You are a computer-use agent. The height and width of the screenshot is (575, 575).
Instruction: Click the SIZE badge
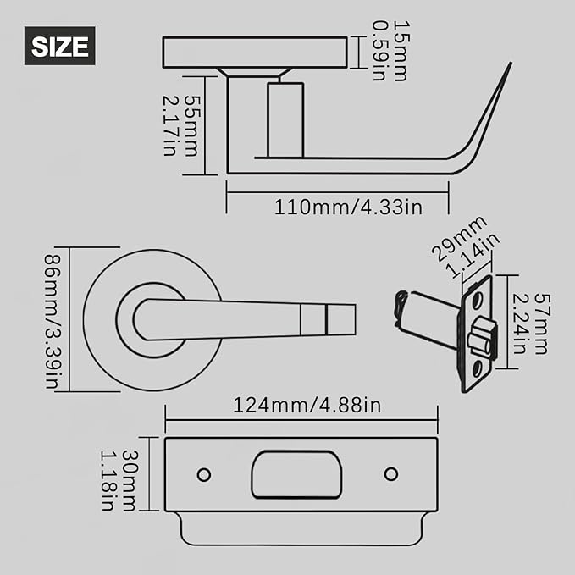tap(59, 46)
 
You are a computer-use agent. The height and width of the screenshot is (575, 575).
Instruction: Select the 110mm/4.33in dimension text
tap(348, 206)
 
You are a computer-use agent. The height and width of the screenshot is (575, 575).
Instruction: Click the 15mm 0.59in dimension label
tap(389, 51)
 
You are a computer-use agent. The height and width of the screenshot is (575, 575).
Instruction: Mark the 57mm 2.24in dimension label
tap(531, 322)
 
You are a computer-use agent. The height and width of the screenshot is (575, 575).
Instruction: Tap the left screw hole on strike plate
tap(203, 474)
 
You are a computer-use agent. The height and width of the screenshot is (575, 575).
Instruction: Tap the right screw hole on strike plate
tap(391, 474)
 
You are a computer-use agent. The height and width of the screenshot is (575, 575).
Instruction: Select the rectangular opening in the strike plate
tap(296, 474)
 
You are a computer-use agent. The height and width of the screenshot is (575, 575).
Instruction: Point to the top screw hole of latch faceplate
tap(478, 299)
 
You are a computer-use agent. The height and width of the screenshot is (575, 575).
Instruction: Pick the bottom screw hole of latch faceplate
tap(478, 368)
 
